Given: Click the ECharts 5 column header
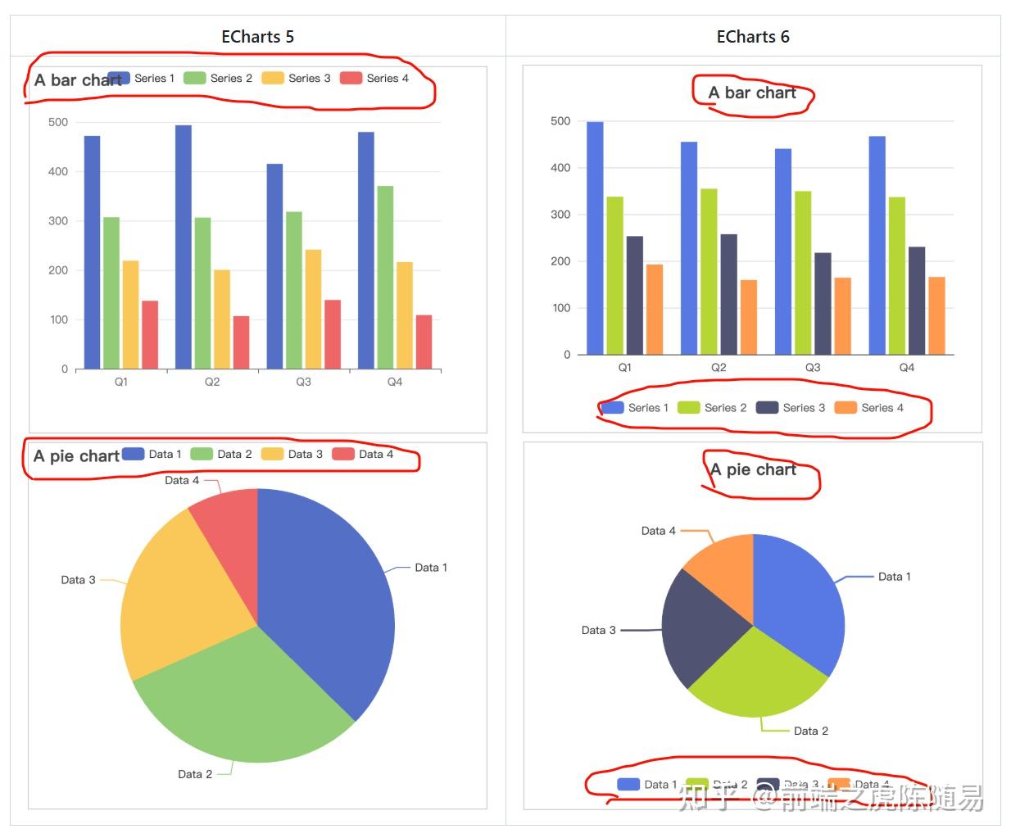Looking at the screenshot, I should pyautogui.click(x=257, y=37).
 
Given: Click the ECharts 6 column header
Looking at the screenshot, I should pyautogui.click(x=752, y=37).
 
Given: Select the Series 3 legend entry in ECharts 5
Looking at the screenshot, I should pyautogui.click(x=297, y=78).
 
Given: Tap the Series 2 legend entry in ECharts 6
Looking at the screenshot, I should pyautogui.click(x=712, y=407).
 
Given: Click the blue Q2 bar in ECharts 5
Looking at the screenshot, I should pyautogui.click(x=184, y=246).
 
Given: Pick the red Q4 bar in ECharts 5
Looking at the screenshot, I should pyautogui.click(x=424, y=342).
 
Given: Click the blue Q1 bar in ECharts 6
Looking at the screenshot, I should pyautogui.click(x=595, y=238).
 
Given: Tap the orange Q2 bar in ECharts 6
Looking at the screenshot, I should pyautogui.click(x=748, y=317).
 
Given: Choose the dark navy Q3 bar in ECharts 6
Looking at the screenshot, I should pyautogui.click(x=823, y=303).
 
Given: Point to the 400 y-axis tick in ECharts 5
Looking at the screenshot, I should pyautogui.click(x=58, y=171).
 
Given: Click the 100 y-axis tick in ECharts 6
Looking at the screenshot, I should pyautogui.click(x=561, y=308).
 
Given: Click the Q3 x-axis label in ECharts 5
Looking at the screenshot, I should pyautogui.click(x=303, y=382).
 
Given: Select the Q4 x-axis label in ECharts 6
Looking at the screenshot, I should pyautogui.click(x=906, y=367).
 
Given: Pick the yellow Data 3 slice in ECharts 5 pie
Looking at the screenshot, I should pyautogui.click(x=176, y=598).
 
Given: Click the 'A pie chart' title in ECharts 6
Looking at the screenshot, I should pyautogui.click(x=753, y=469).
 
